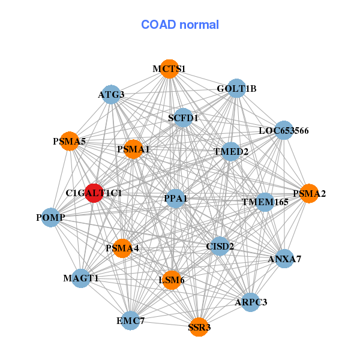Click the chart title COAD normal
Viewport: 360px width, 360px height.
[x=179, y=25]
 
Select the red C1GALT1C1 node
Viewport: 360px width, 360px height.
[x=94, y=193]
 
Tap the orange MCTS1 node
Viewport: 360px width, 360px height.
[x=169, y=69]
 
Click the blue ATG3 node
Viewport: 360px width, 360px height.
[x=111, y=95]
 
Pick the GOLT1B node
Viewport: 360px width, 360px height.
[x=236, y=89]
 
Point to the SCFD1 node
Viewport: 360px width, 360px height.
[x=182, y=118]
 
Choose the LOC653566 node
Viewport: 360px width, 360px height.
[x=283, y=130]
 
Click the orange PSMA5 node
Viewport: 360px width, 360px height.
[x=70, y=142]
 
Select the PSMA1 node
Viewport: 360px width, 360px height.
[x=133, y=149]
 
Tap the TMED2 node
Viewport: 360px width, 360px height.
[x=231, y=151]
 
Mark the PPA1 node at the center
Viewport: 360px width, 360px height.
[x=175, y=198]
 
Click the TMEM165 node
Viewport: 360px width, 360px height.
[x=265, y=202]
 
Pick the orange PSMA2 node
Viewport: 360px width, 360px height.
[x=309, y=193]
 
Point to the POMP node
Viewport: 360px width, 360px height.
[x=50, y=217]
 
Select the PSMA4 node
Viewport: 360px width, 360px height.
[x=122, y=248]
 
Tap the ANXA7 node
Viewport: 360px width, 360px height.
[x=284, y=259]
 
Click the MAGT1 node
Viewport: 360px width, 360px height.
[x=81, y=278]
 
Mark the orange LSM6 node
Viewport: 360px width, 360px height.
[x=172, y=280]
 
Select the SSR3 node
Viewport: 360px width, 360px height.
[x=199, y=328]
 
